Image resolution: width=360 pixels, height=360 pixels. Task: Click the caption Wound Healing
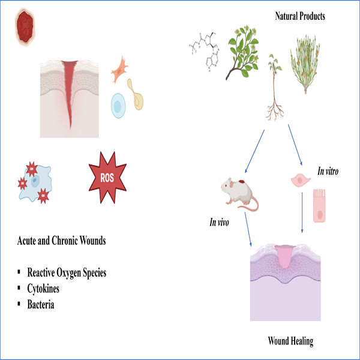(290, 341)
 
